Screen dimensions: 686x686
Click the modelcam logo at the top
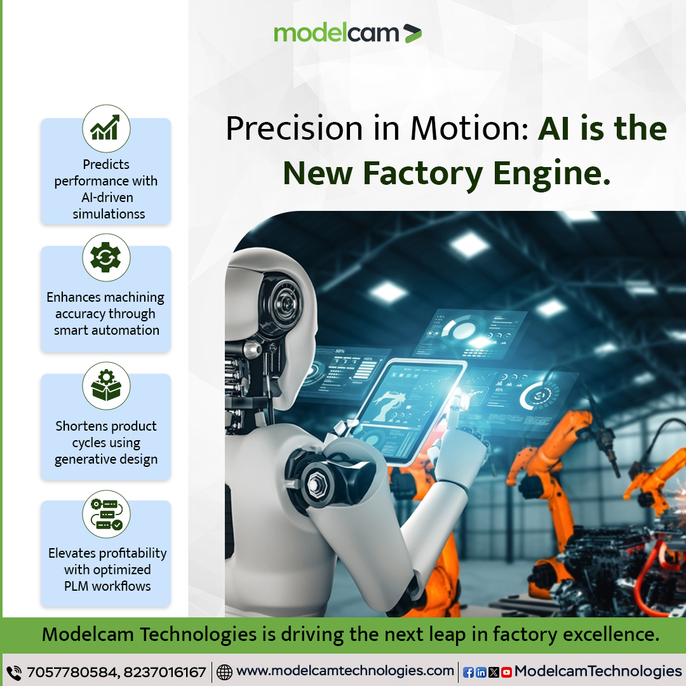347,33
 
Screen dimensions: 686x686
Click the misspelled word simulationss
109,214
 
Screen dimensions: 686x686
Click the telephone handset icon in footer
13,672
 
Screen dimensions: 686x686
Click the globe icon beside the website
224,672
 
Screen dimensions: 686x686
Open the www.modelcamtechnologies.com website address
345,671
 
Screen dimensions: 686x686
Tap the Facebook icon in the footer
468,672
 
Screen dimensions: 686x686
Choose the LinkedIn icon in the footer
481,672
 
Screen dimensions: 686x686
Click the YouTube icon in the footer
506,672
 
